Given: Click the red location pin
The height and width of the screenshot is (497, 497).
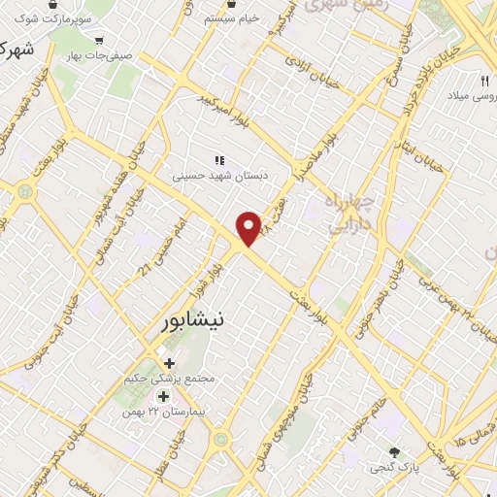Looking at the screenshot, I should point(249,229).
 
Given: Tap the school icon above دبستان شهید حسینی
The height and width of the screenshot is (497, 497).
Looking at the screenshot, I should point(218,160).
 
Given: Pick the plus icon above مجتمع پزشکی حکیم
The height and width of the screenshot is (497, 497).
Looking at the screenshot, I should point(171,363).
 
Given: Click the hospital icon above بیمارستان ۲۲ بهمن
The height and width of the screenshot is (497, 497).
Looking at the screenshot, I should point(163,396).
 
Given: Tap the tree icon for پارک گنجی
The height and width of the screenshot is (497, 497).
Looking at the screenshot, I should point(394,452).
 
